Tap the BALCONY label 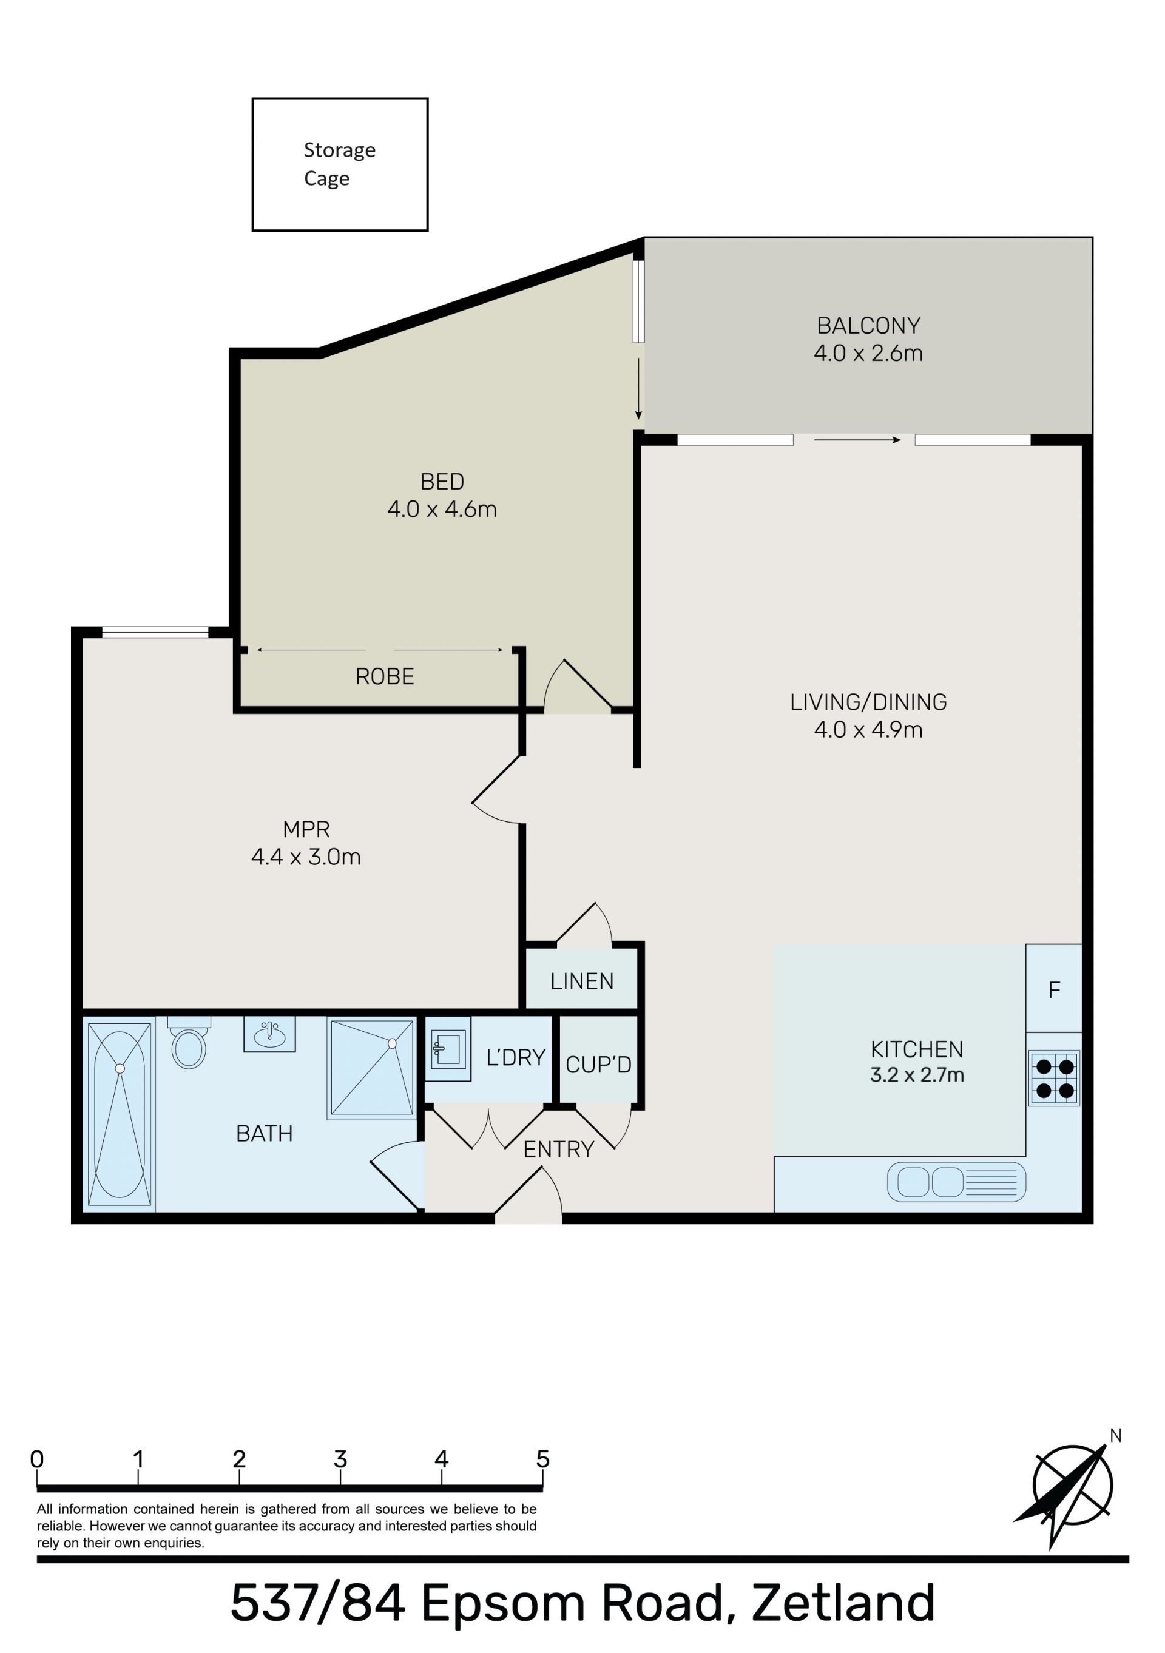[x=868, y=326]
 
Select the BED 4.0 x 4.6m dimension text [x=442, y=509]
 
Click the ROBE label [x=385, y=677]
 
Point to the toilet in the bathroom [x=189, y=1042]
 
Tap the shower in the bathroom [x=372, y=1068]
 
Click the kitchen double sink [x=956, y=1182]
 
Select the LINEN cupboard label [x=582, y=981]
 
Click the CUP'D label [x=598, y=1065]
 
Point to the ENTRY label [x=559, y=1150]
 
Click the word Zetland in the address [x=843, y=1603]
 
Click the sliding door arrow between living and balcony [x=857, y=439]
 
